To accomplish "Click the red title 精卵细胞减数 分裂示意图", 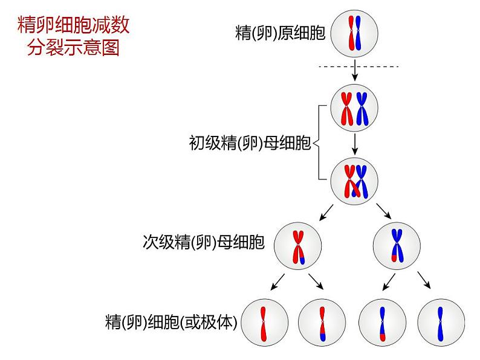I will [x=74, y=36].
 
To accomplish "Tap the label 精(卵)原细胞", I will [x=280, y=33].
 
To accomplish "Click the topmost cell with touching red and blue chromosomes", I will [x=355, y=33].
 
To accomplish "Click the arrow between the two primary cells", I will [x=355, y=143].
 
